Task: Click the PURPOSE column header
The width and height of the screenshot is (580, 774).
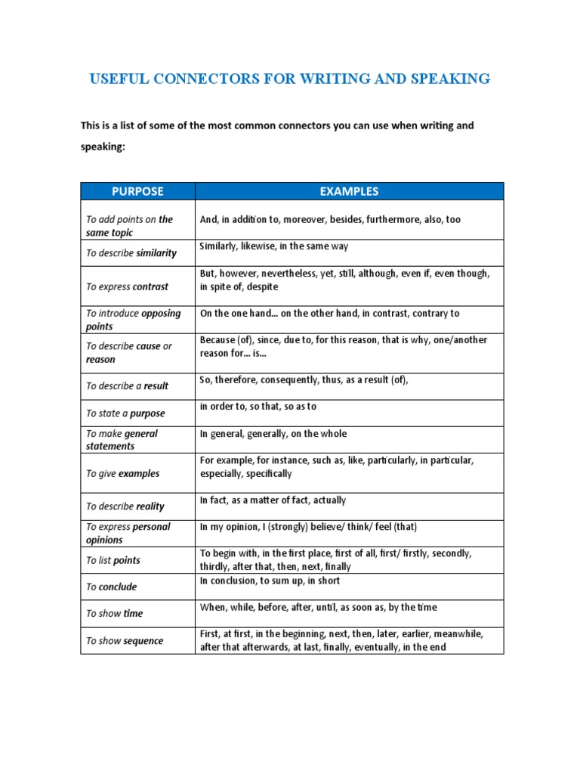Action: tap(137, 191)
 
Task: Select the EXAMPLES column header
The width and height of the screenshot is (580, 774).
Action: tap(349, 191)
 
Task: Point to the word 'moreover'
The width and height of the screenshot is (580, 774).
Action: tap(307, 219)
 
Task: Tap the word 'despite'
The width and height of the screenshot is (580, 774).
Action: tap(263, 286)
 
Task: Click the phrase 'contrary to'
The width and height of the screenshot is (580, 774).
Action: tap(433, 313)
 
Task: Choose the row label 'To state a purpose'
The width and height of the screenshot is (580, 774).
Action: tap(125, 413)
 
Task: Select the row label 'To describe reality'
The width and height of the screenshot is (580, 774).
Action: tap(125, 506)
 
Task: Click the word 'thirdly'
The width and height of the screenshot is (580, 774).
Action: tap(216, 567)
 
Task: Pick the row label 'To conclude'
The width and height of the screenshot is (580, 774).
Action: tap(112, 587)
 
